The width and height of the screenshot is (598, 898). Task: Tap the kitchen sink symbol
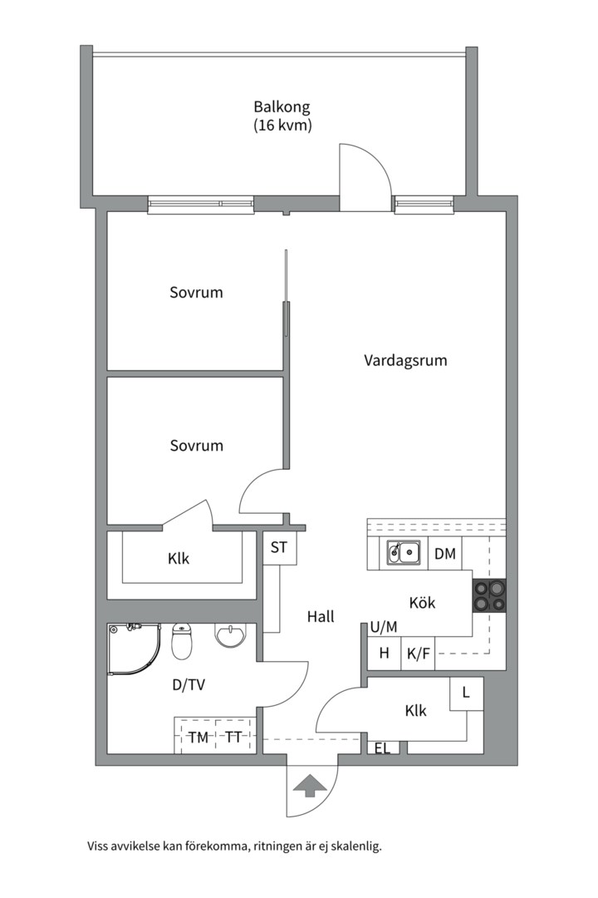tap(404, 553)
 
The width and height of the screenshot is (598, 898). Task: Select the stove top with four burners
tap(488, 595)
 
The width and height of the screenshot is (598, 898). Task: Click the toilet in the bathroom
tap(182, 641)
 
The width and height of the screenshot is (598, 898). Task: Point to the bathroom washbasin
tap(230, 636)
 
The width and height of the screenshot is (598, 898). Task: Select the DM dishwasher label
tap(445, 554)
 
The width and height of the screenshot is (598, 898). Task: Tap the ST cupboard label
tap(279, 547)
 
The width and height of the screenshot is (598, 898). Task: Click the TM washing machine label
tap(199, 738)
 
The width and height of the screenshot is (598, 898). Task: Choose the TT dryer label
tap(233, 737)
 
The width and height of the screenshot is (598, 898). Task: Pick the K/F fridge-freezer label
tap(419, 654)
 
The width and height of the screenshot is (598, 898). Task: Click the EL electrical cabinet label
tap(382, 748)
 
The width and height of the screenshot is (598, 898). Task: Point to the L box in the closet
tap(467, 693)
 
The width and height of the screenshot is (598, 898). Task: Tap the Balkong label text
tap(282, 106)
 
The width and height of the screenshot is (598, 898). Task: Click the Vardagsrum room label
tap(405, 361)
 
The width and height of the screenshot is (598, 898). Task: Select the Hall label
tap(321, 617)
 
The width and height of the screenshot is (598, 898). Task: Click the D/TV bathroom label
tap(189, 685)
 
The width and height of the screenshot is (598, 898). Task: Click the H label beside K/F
tap(384, 653)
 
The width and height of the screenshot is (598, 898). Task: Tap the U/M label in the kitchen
tap(384, 628)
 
